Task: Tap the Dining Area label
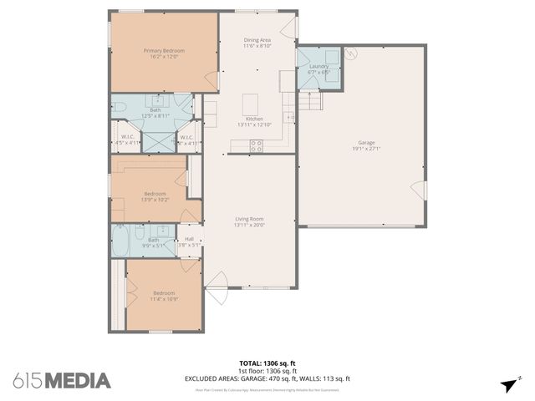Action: point(257,39)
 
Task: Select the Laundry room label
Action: point(318,66)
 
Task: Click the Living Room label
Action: point(249,219)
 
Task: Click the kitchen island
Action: point(249,104)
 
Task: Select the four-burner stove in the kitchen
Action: point(257,145)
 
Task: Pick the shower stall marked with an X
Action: point(156,140)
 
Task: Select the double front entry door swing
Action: point(216,287)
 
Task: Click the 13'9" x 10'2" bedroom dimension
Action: point(156,200)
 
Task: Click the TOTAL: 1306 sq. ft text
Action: point(267,363)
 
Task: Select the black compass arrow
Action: point(508,384)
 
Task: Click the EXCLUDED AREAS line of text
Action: point(267,378)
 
